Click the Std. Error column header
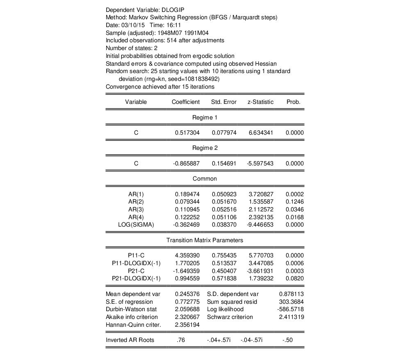[223, 102]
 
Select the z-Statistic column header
[260, 102]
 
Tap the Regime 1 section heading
[205, 117]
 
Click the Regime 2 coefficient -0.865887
[187, 163]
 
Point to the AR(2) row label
[136, 202]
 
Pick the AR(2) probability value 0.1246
[293, 202]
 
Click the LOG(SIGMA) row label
[136, 225]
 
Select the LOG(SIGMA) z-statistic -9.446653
[260, 225]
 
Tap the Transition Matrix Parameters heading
[205, 240]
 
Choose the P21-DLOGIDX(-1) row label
[136, 279]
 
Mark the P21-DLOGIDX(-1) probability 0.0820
[293, 279]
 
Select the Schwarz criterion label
[230, 317]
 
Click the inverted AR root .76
[180, 340]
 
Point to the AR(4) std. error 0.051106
[224, 217]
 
